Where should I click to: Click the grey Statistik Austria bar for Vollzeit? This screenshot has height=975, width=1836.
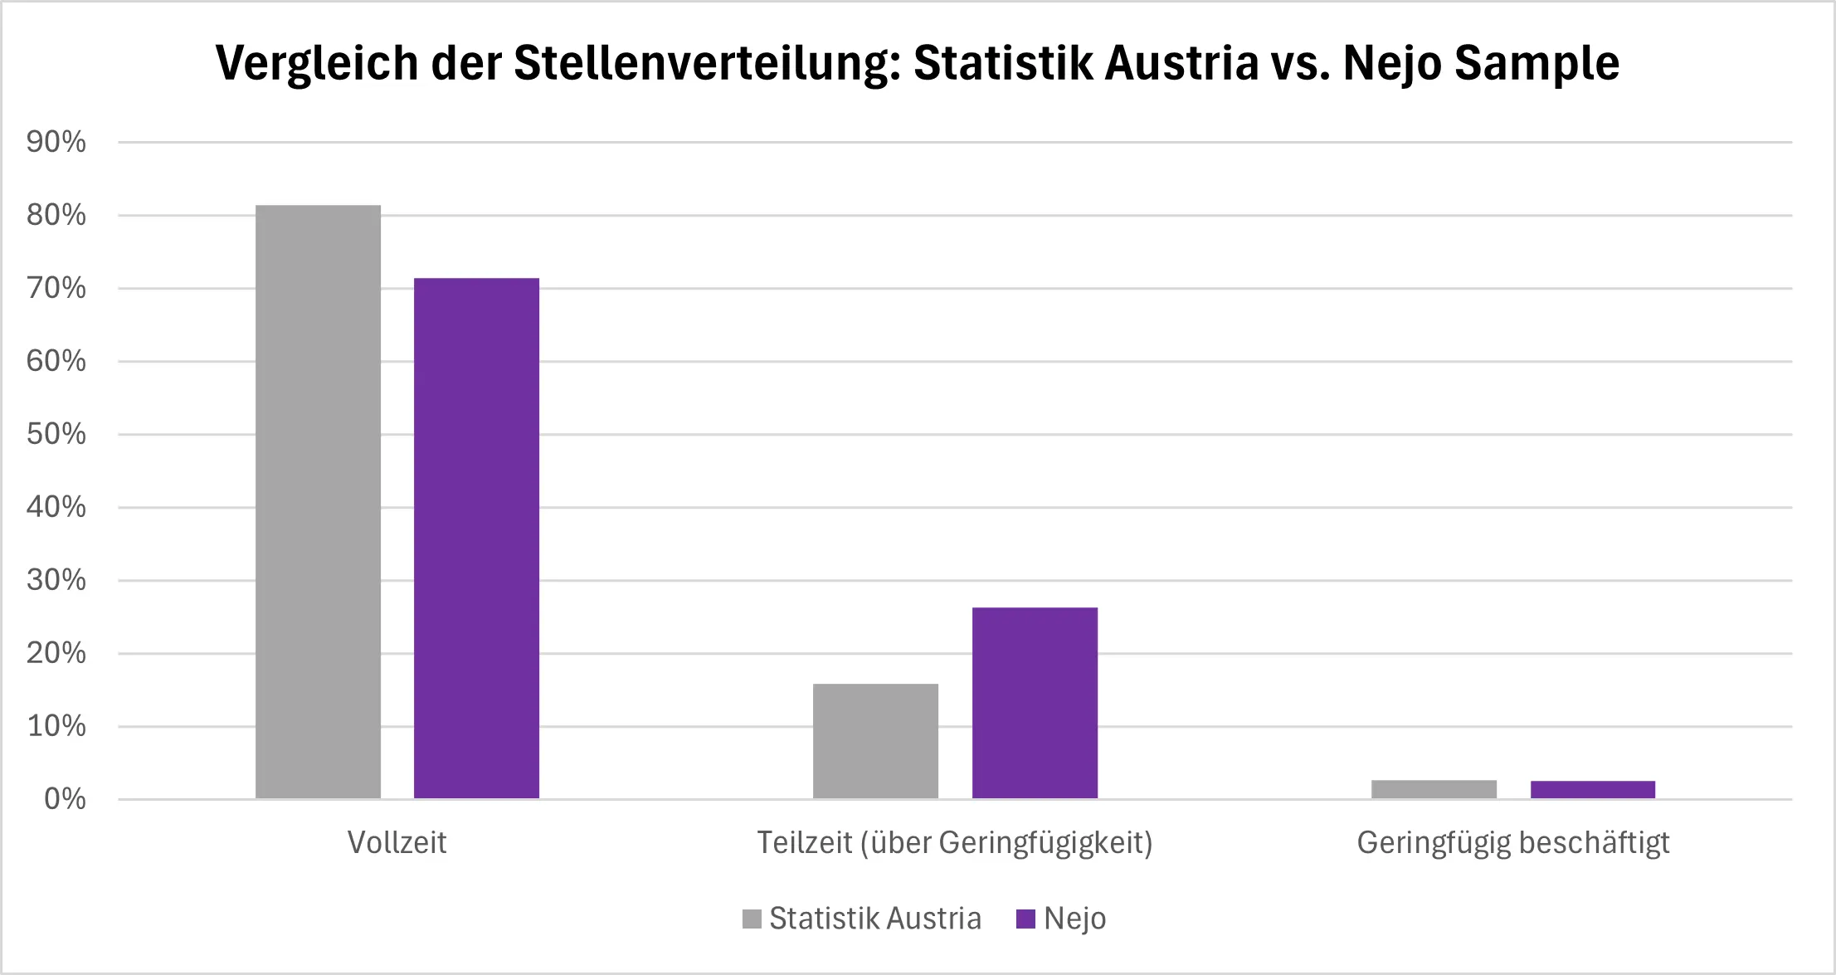pyautogui.click(x=318, y=502)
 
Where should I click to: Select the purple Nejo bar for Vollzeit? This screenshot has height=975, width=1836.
pyautogui.click(x=476, y=539)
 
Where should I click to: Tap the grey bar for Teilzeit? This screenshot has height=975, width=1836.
pyautogui.click(x=875, y=741)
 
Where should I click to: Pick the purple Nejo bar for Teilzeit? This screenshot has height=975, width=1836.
pyautogui.click(x=1035, y=703)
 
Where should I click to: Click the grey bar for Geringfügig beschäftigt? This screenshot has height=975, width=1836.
pyautogui.click(x=1434, y=789)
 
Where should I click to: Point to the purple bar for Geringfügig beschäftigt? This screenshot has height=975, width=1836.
pyautogui.click(x=1592, y=790)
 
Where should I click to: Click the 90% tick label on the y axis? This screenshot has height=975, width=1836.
pyautogui.click(x=56, y=142)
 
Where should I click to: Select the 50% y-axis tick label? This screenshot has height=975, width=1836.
pyautogui.click(x=56, y=434)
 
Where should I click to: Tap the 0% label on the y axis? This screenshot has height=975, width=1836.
pyautogui.click(x=65, y=799)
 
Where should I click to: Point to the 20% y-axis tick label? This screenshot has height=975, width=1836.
pyautogui.click(x=56, y=653)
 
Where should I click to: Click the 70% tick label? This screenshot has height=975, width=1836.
pyautogui.click(x=56, y=288)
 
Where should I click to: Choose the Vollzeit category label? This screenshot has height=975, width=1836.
pyautogui.click(x=397, y=842)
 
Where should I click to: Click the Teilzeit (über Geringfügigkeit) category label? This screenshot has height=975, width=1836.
pyautogui.click(x=955, y=842)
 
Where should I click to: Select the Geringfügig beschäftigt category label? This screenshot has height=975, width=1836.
pyautogui.click(x=1512, y=842)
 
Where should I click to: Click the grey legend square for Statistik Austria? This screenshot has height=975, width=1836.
pyautogui.click(x=752, y=919)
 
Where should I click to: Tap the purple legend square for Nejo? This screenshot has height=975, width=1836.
pyautogui.click(x=1025, y=919)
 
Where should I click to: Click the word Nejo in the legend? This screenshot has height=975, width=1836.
pyautogui.click(x=1074, y=919)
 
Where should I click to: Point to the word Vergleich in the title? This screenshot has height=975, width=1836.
pyautogui.click(x=317, y=63)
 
